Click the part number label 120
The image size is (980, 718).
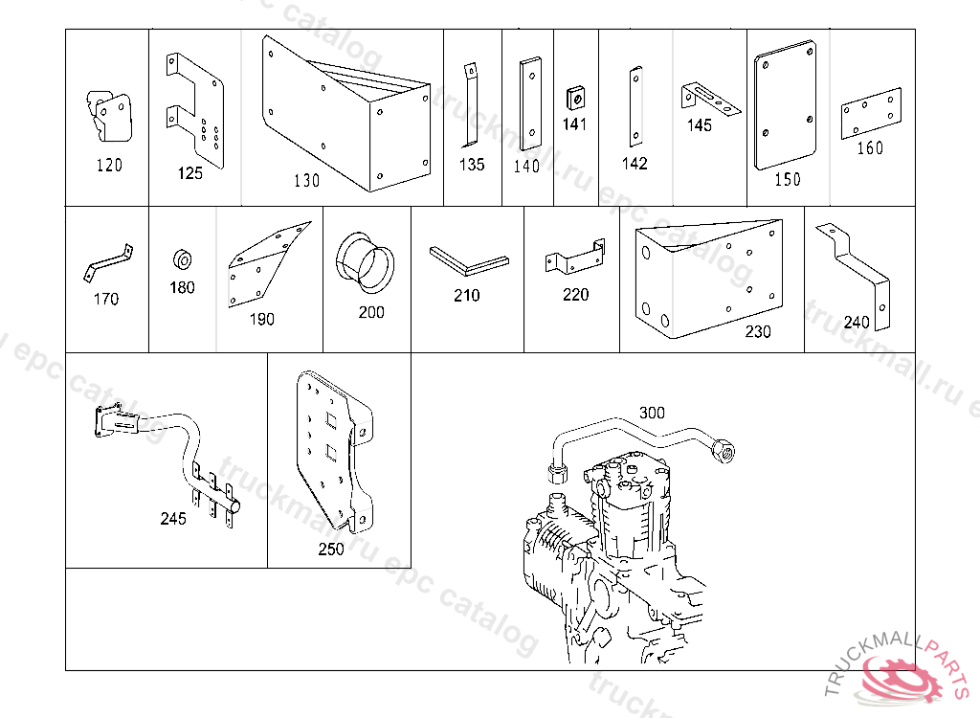click(x=109, y=166)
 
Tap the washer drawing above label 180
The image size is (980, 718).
click(x=181, y=259)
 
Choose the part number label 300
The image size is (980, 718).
click(x=652, y=413)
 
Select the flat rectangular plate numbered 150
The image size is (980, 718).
click(x=785, y=111)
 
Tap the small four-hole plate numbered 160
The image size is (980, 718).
click(x=871, y=112)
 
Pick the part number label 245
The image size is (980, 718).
click(x=173, y=519)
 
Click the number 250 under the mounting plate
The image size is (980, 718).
click(x=331, y=550)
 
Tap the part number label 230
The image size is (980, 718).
click(x=758, y=332)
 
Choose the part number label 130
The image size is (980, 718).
click(x=306, y=180)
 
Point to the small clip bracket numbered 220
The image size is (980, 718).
click(x=574, y=257)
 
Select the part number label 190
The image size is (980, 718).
click(x=260, y=319)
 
